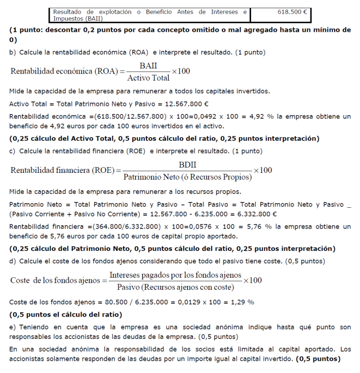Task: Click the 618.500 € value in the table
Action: click(x=293, y=10)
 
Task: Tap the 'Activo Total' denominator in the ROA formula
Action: click(x=148, y=78)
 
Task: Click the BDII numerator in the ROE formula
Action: click(x=187, y=165)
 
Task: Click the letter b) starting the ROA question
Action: click(x=13, y=52)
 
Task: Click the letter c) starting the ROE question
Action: click(x=13, y=151)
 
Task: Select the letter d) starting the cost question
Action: click(x=13, y=261)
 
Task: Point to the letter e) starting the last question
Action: click(x=13, y=327)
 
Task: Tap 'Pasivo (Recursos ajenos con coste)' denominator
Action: click(x=175, y=287)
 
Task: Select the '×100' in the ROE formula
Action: click(x=263, y=170)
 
